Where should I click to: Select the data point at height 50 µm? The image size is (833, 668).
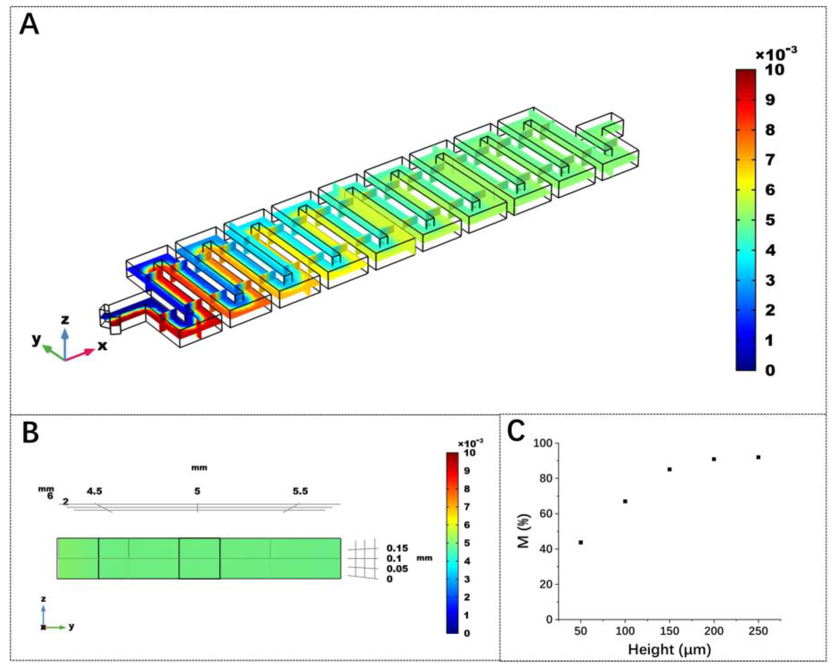580,542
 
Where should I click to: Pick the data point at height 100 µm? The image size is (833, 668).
625,501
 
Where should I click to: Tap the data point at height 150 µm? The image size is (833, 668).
670,469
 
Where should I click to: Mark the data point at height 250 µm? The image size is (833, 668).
758,457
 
